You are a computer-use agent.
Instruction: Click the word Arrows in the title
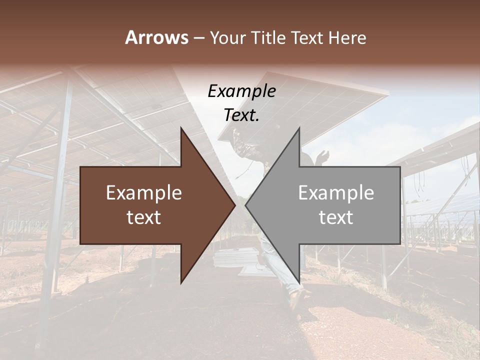click(x=156, y=37)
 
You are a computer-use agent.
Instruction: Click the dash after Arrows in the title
click(x=198, y=38)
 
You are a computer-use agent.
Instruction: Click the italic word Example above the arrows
click(x=241, y=91)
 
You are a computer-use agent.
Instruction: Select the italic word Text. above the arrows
click(x=241, y=115)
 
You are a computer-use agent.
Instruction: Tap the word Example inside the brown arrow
click(x=144, y=193)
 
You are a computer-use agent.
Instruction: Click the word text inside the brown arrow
click(x=144, y=217)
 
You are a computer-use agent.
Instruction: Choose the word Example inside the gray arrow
click(x=336, y=193)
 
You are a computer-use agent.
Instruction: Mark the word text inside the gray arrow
click(x=336, y=217)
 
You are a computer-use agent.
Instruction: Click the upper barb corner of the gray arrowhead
click(x=299, y=129)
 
